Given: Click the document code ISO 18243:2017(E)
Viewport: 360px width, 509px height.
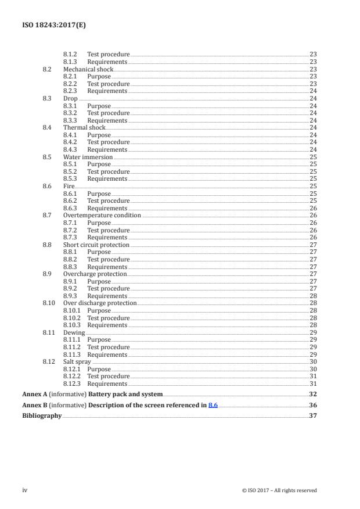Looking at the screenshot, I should tap(49, 25).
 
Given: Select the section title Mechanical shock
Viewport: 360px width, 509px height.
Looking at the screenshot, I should tap(88, 69).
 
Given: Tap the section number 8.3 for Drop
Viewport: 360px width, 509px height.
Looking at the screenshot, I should tap(47, 99).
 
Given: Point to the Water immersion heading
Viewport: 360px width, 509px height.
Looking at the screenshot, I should tap(88, 157).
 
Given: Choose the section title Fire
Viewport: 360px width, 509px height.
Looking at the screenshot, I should tap(69, 186).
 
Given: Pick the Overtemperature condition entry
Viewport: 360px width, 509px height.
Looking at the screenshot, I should tap(102, 216).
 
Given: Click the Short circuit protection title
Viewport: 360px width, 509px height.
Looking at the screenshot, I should tap(96, 245).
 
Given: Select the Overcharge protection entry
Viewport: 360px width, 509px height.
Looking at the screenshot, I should tap(95, 274).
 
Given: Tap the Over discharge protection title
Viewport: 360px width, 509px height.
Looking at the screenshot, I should tap(100, 303).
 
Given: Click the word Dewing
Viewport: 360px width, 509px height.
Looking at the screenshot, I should tap(74, 332).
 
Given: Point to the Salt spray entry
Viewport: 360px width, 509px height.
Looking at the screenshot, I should tap(77, 362).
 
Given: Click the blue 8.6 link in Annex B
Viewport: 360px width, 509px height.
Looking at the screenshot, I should tap(213, 405).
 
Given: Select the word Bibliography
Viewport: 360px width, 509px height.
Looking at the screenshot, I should tap(42, 416).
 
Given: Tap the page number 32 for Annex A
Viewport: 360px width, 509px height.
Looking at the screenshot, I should tap(313, 394).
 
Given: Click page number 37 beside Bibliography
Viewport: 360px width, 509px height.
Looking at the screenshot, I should tap(313, 416).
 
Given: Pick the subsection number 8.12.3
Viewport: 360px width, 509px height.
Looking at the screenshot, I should tap(72, 383).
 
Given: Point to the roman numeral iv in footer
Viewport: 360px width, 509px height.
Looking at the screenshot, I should tap(25, 490).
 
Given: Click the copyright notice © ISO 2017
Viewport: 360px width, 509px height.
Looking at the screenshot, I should tap(279, 490).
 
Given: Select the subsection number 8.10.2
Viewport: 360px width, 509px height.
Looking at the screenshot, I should tap(72, 318).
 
